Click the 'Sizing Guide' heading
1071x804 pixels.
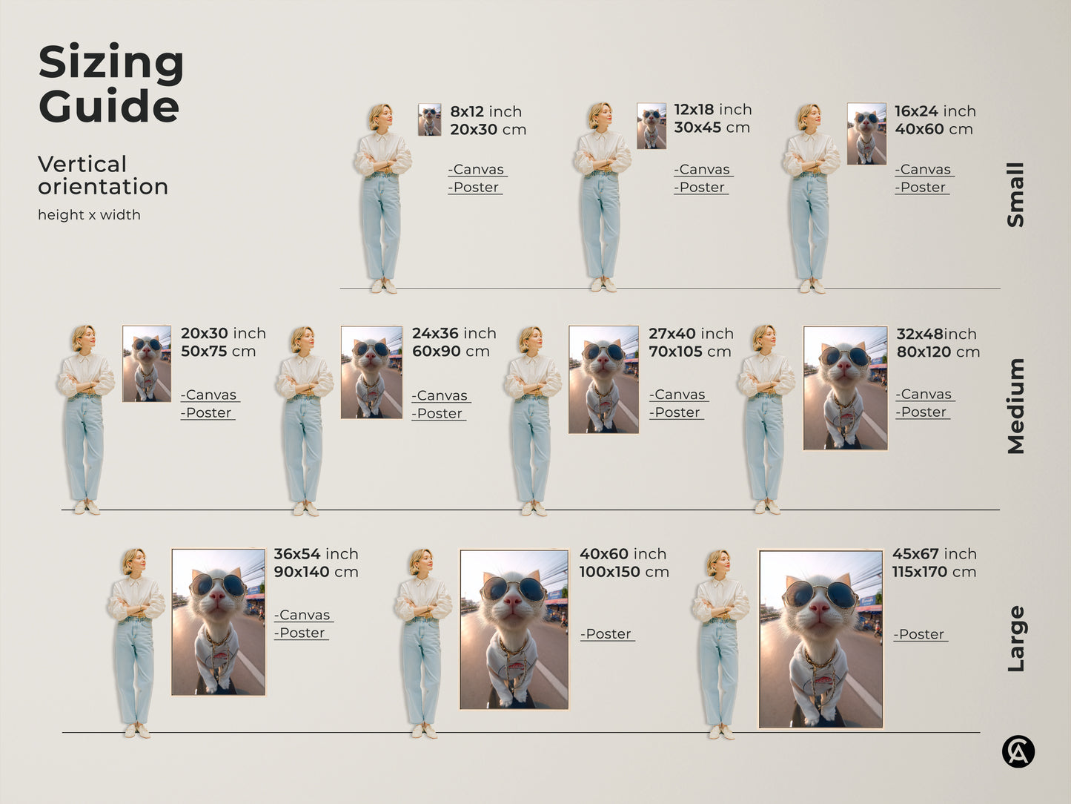[111, 83]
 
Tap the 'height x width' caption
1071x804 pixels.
[89, 215]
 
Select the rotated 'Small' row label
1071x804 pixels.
[1015, 194]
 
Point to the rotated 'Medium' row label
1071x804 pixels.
[1015, 406]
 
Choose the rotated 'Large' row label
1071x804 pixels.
[1015, 639]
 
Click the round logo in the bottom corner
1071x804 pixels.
[1018, 751]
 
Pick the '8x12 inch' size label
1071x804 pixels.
[485, 111]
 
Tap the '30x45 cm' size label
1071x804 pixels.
[712, 128]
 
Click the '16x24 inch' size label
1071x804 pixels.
[935, 111]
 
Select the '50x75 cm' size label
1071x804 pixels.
[218, 352]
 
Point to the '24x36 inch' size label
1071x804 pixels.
[454, 334]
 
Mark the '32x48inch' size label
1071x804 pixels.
[936, 335]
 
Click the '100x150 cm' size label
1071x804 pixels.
[624, 572]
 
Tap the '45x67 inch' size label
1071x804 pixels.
[934, 554]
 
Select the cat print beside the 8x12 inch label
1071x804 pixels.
[429, 119]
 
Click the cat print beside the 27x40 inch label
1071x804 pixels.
[603, 379]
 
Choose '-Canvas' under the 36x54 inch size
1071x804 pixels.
[304, 616]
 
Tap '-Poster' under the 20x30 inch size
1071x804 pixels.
[208, 413]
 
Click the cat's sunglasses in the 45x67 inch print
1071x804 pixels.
[820, 594]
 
